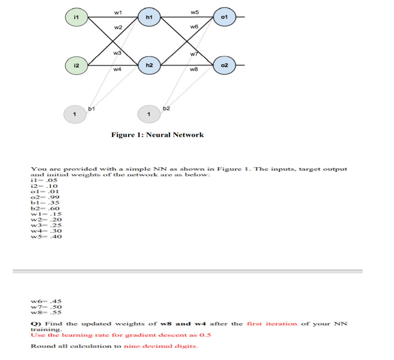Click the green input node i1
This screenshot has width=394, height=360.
[x=77, y=17]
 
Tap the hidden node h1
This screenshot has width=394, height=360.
[x=149, y=17]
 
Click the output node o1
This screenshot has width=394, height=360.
[x=224, y=17]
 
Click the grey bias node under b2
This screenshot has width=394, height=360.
[x=149, y=114]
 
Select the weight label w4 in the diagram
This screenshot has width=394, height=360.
[x=117, y=70]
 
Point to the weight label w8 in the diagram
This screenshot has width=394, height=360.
[x=195, y=70]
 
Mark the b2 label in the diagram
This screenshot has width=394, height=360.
[x=166, y=108]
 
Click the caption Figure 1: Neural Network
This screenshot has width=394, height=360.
[x=157, y=135]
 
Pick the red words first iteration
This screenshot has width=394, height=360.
[x=271, y=324]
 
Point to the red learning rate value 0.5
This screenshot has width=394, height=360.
[x=205, y=335]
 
